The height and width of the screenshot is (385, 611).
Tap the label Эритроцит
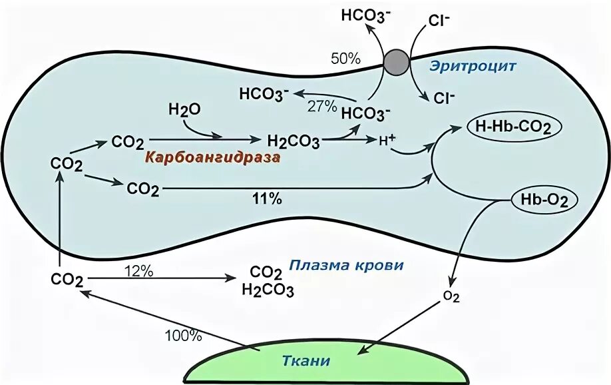tap(473, 67)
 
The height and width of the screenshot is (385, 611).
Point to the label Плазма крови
tap(346, 265)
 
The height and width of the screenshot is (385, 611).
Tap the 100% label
tap(184, 336)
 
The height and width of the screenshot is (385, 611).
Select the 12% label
tap(139, 271)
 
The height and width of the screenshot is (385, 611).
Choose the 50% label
tap(345, 58)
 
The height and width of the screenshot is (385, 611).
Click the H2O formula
tap(184, 110)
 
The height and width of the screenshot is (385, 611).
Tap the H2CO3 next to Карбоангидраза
tap(293, 141)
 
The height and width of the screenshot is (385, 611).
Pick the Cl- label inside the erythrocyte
tap(445, 99)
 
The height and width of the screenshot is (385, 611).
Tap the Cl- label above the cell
tap(440, 19)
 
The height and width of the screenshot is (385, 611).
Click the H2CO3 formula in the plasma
tap(268, 290)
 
